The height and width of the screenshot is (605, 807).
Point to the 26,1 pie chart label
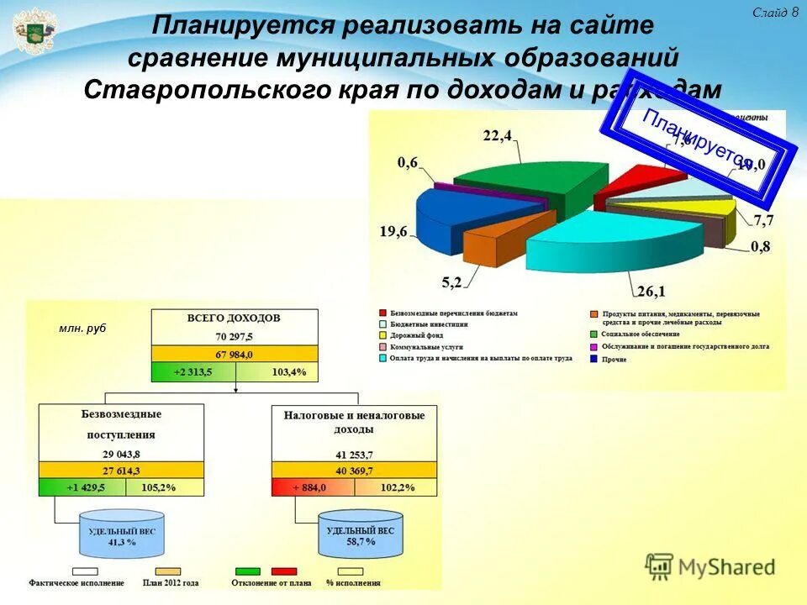(651, 292)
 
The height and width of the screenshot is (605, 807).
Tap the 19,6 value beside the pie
(393, 232)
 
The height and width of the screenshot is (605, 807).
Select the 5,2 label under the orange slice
(451, 283)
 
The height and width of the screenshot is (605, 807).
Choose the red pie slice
(635, 183)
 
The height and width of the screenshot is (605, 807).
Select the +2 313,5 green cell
(193, 371)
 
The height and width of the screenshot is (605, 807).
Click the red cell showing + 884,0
(312, 487)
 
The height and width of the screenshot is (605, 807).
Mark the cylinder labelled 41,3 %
(123, 537)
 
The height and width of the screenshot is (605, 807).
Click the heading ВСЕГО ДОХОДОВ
(235, 318)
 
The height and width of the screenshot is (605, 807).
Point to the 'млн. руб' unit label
(82, 329)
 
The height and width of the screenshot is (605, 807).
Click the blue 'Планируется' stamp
(697, 146)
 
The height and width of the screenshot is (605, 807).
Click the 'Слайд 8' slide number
(774, 12)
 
